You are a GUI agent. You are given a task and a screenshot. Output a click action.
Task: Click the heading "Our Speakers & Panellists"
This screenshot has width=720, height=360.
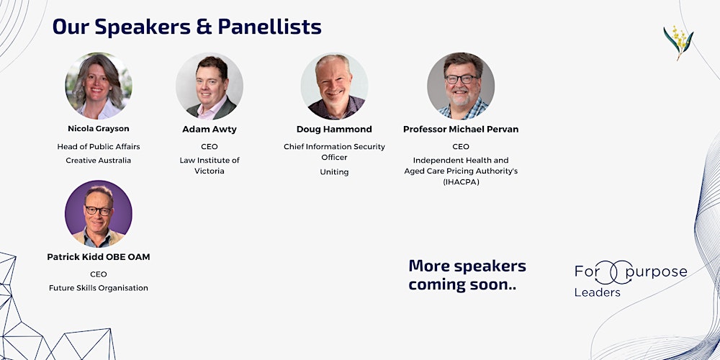coord(187,27)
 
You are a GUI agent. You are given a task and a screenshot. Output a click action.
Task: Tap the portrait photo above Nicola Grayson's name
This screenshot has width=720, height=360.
coord(99,86)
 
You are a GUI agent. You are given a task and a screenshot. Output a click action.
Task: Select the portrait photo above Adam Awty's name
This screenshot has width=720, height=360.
coord(210,86)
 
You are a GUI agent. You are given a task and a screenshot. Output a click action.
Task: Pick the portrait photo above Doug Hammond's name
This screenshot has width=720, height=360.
coord(334,86)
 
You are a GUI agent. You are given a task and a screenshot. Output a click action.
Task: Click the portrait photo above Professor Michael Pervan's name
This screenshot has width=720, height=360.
coord(461,86)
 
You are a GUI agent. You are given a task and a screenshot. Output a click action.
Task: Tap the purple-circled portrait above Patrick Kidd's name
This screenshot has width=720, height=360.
coord(99,214)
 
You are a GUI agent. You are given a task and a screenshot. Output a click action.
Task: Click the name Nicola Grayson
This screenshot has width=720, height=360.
coord(99,129)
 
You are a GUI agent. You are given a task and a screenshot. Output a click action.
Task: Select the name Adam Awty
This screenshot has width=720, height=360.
coord(210,130)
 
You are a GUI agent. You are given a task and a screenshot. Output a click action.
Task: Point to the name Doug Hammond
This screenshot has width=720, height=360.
coord(334,130)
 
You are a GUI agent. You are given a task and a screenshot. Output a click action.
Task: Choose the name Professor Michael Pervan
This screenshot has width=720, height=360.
coord(461,130)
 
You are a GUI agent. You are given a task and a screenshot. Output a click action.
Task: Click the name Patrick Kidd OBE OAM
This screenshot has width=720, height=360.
coord(99,257)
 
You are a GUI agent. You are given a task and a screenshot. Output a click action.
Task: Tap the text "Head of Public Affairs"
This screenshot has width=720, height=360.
coord(99,147)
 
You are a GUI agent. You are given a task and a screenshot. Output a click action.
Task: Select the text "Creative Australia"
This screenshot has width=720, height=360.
coord(99,161)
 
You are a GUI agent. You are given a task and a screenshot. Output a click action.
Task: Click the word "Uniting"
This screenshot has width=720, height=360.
coord(334,172)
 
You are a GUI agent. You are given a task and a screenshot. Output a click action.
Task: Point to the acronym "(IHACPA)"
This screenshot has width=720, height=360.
coord(461,182)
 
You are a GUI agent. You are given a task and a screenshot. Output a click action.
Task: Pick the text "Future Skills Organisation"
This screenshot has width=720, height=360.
coord(99,288)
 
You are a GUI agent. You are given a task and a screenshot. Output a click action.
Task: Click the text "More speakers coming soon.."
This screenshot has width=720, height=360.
coord(467,275)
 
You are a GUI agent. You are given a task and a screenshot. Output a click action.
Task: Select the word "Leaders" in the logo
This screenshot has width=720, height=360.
coord(597,292)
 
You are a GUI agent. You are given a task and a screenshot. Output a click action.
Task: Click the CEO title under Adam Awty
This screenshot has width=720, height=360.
coord(210,147)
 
